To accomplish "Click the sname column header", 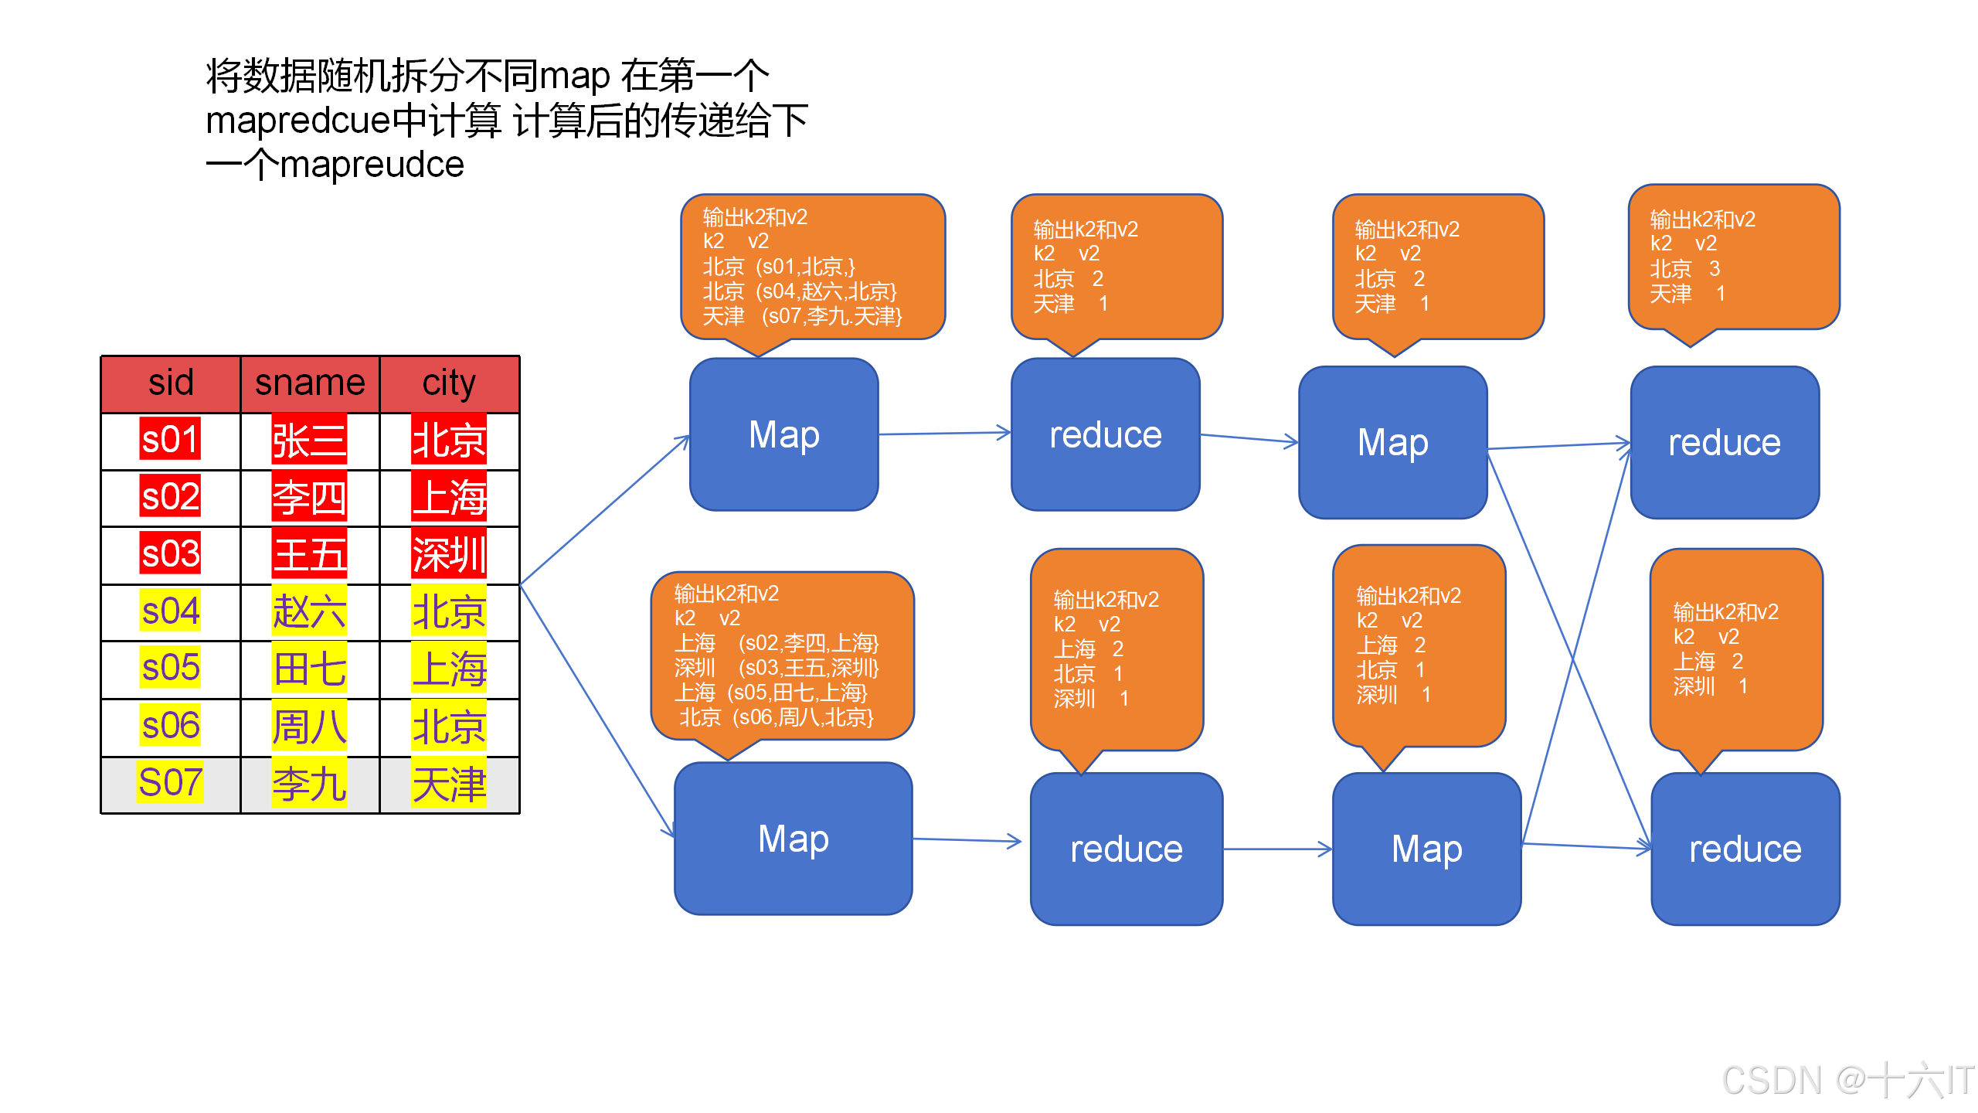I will tap(310, 384).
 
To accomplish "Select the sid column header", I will tap(171, 384).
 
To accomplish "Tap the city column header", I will tap(449, 384).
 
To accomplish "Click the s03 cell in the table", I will tap(171, 554).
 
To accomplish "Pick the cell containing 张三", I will tap(310, 441).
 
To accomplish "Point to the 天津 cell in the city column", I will tap(449, 785).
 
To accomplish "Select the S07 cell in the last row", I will tap(171, 783).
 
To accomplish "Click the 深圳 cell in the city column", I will tap(449, 554).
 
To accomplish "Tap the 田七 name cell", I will tap(310, 669).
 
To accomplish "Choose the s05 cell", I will tap(171, 668).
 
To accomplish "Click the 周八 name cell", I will tap(310, 727).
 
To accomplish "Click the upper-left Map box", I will tap(783, 434).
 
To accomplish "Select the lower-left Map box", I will tap(793, 839).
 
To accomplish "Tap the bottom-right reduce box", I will tap(1745, 849).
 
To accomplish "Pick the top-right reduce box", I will tap(1724, 442).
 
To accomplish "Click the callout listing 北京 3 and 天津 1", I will tap(1733, 257).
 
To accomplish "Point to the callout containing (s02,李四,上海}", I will tap(782, 655).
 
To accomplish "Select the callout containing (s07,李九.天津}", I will tap(812, 267).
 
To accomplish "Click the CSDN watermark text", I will tap(1847, 1080).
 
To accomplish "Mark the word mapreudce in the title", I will tap(372, 165).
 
